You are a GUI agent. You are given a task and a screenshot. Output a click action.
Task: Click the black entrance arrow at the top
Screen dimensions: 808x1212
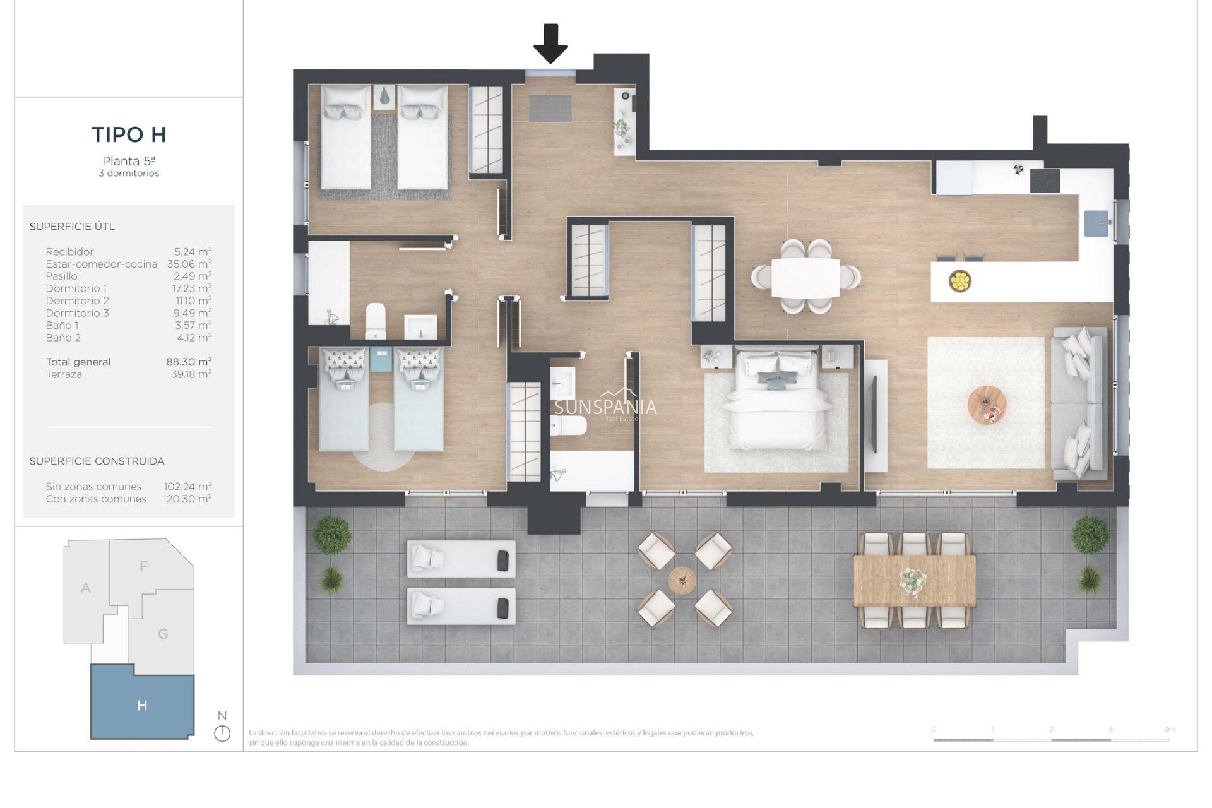point(550,43)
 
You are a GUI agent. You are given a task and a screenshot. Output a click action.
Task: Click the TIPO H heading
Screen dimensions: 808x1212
point(129,134)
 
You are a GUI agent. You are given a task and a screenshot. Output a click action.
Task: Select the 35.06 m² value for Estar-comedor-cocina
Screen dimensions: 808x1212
point(189,264)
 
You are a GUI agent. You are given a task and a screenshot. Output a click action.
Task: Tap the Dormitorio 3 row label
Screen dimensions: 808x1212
point(77,313)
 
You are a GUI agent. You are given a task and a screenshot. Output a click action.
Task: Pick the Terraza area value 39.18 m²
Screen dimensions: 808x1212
point(191,374)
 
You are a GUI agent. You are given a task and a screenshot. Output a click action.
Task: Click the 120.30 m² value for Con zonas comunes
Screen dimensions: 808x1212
point(187,499)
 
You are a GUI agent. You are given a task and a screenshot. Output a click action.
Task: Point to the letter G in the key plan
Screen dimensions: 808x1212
point(163,634)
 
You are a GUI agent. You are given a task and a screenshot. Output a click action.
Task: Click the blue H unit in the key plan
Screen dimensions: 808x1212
point(142,705)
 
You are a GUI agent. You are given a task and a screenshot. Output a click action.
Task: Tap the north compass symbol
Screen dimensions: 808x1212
point(222,733)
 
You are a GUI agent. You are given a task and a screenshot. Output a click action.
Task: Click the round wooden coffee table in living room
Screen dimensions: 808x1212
point(987,405)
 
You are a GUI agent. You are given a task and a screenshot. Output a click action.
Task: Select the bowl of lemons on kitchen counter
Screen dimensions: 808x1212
point(959,281)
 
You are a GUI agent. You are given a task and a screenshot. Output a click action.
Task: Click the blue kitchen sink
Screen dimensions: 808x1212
point(1096,223)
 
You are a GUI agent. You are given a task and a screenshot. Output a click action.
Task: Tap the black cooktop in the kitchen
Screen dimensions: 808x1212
point(1045,181)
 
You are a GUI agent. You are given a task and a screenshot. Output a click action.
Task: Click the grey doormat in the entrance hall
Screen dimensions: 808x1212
point(550,108)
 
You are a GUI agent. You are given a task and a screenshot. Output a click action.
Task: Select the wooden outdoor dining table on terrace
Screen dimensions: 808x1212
point(914,580)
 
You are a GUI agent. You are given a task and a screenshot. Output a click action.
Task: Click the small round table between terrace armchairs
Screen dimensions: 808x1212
point(682,579)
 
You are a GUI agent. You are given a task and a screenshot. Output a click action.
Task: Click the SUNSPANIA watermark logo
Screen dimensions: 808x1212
point(605,407)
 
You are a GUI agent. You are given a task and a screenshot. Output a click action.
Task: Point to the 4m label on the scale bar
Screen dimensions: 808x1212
point(1168,729)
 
